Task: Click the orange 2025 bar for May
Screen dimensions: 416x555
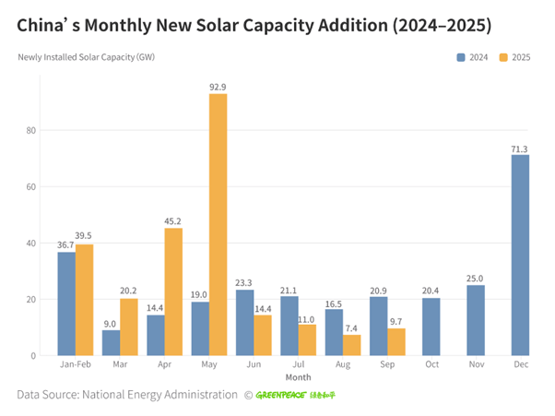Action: (x=218, y=224)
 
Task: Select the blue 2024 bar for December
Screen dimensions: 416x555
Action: (x=521, y=255)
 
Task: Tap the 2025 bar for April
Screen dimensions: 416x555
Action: (x=173, y=291)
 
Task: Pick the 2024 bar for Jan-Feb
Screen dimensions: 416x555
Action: (x=66, y=303)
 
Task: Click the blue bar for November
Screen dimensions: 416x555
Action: (x=476, y=320)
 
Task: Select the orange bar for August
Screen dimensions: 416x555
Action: (x=351, y=345)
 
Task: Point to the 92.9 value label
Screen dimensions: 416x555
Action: (x=218, y=87)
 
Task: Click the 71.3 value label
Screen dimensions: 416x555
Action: (x=521, y=148)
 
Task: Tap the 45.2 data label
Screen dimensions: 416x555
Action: (x=173, y=220)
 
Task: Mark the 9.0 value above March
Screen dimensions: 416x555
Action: (x=111, y=323)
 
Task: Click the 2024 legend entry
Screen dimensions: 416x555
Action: (x=473, y=57)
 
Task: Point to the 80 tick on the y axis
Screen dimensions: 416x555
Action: (x=30, y=130)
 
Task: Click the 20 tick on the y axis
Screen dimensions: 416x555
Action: (x=30, y=300)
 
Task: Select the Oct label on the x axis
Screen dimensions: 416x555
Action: (x=431, y=365)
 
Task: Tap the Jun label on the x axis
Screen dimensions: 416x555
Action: (x=253, y=365)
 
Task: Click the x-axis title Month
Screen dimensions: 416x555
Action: (x=298, y=377)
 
